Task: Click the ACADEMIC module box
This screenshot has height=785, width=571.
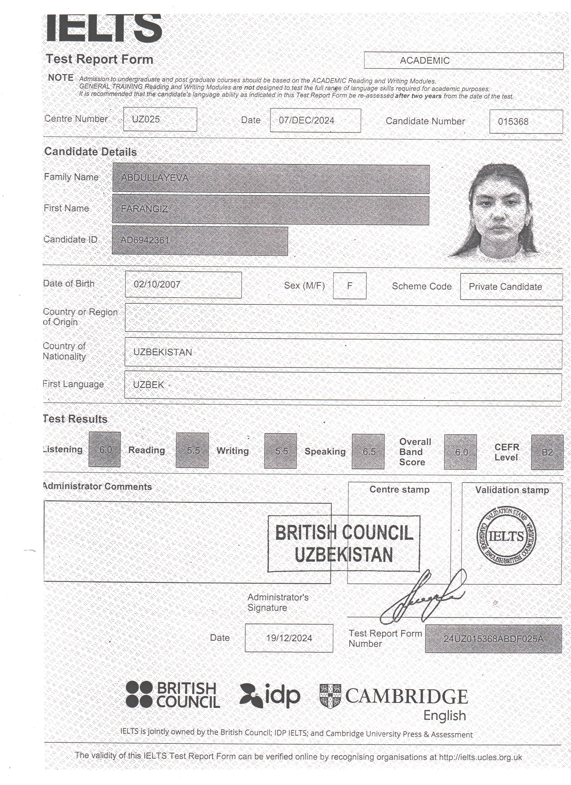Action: [463, 61]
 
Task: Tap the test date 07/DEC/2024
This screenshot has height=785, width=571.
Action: [307, 120]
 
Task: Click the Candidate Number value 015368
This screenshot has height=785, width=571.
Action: [513, 122]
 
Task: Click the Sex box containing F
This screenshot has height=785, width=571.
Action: [349, 286]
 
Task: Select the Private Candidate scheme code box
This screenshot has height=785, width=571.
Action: [505, 287]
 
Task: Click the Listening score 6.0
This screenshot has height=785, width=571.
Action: [105, 450]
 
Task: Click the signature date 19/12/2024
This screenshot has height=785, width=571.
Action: [289, 638]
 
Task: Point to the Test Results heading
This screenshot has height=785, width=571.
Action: [75, 419]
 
